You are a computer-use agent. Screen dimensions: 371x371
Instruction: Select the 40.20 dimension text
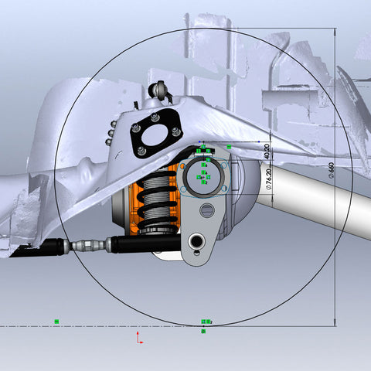[267, 151]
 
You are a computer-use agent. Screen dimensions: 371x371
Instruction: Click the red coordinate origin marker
[139, 338]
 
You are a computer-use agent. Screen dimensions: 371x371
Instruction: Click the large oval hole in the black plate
[158, 136]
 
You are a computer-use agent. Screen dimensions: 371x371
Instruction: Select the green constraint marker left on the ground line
[56, 320]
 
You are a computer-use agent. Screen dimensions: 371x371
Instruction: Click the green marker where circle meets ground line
[205, 321]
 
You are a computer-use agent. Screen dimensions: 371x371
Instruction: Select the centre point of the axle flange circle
[203, 178]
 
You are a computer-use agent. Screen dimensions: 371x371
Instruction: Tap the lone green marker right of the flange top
[229, 147]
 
